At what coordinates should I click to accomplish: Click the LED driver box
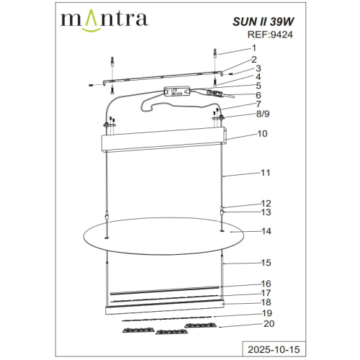pyautogui.click(x=177, y=91)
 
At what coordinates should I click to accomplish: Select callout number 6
pyautogui.click(x=258, y=95)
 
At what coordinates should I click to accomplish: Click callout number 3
pyautogui.click(x=258, y=69)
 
